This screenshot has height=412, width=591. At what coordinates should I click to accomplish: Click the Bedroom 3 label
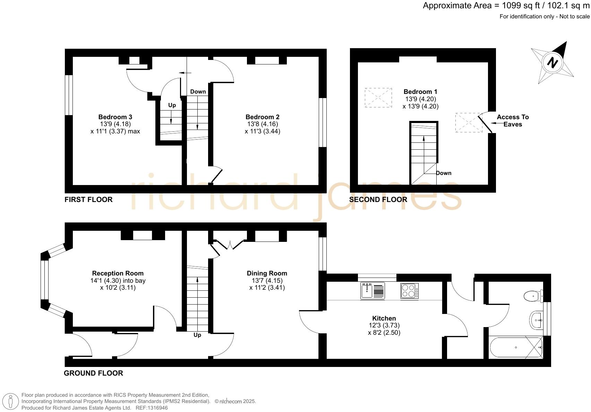[115, 117]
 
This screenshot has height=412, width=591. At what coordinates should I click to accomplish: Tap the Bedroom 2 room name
[262, 117]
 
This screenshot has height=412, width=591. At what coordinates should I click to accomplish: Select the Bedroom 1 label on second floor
[420, 92]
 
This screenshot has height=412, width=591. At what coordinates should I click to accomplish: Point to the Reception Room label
[118, 273]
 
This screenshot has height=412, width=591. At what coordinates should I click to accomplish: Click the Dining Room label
[267, 273]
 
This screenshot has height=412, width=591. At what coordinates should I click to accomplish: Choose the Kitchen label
[384, 318]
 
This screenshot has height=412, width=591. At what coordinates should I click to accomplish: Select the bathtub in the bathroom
[516, 348]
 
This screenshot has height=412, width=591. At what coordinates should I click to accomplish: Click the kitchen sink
[372, 291]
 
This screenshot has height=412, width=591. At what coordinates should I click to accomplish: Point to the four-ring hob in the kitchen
[410, 291]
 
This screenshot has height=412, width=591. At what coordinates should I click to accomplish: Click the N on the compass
[552, 63]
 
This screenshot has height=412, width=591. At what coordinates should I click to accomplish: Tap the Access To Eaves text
[513, 121]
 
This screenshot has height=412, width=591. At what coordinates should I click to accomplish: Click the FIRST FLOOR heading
[88, 200]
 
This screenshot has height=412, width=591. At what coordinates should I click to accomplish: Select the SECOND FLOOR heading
[378, 200]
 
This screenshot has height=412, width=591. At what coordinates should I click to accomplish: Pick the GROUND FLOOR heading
[93, 373]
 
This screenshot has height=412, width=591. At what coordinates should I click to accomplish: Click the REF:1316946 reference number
[152, 408]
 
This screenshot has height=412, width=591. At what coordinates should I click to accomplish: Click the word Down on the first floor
[198, 91]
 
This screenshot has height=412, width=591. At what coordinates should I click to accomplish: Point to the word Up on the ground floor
[197, 335]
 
